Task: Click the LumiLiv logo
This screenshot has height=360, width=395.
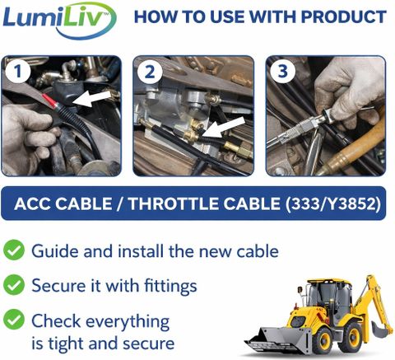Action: point(59,20)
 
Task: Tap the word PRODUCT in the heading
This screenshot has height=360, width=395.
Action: point(344,17)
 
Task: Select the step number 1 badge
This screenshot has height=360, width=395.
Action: point(17,71)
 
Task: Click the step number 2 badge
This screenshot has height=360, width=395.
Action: point(150,72)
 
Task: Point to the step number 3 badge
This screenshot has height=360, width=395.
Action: point(282,71)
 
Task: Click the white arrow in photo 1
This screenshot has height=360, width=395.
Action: point(92,99)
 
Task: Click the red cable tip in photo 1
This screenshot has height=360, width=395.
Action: point(50,101)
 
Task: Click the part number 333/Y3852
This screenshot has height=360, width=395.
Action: point(333,204)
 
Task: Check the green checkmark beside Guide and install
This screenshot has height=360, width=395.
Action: point(14,250)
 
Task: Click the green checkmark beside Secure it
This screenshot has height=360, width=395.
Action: point(14,285)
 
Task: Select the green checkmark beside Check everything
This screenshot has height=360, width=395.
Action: point(14,320)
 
